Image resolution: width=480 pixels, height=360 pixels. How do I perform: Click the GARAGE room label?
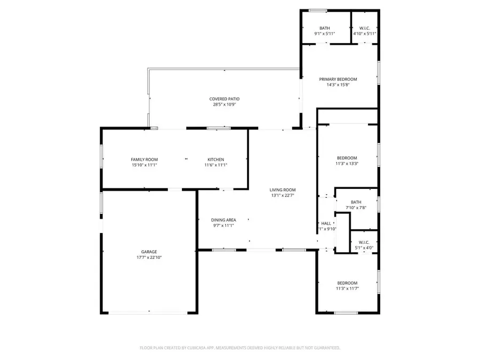click(x=149, y=252)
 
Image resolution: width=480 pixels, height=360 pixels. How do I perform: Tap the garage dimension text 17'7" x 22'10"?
click(x=149, y=258)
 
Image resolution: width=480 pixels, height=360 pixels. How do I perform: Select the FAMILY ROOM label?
click(x=144, y=159)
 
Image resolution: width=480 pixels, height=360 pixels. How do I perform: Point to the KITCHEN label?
click(x=215, y=159)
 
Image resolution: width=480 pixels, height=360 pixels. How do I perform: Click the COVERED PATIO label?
click(x=224, y=99)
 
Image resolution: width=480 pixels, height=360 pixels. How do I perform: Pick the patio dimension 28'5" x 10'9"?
click(x=224, y=105)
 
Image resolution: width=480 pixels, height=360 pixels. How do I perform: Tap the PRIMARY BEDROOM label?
click(x=338, y=79)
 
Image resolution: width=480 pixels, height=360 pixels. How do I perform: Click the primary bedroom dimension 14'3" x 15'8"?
click(x=338, y=85)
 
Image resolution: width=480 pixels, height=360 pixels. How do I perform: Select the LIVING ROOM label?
click(x=282, y=190)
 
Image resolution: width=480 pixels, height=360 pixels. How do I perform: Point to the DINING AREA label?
click(x=223, y=220)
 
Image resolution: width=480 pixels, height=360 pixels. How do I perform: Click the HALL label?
click(x=326, y=223)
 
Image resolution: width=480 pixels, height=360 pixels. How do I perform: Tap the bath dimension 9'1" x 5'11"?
click(x=325, y=34)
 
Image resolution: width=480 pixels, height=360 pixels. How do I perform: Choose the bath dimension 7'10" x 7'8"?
click(x=356, y=208)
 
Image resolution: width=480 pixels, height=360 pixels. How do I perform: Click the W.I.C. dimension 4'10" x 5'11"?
click(x=365, y=34)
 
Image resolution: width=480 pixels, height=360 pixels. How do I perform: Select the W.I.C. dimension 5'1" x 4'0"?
click(x=364, y=248)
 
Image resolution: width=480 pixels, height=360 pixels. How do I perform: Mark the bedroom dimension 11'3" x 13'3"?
click(x=347, y=164)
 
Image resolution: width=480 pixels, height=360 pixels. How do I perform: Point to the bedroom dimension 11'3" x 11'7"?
click(x=347, y=289)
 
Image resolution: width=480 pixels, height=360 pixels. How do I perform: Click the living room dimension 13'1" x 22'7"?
click(x=282, y=196)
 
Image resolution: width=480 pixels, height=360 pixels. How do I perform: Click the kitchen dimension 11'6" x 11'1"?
click(x=215, y=165)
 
